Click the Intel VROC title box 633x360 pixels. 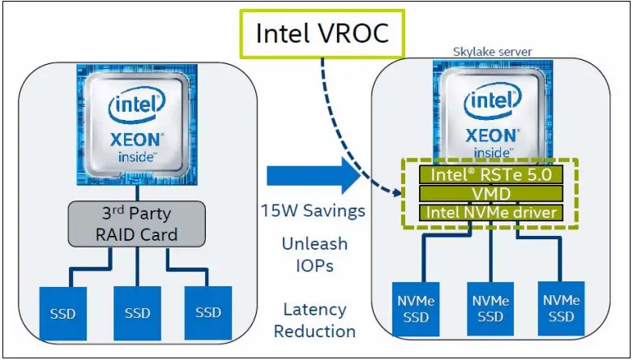(x=322, y=33)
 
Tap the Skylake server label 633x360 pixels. (x=492, y=52)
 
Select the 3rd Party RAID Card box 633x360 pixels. (x=137, y=225)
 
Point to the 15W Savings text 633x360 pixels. (x=313, y=211)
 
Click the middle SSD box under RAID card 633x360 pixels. (x=137, y=311)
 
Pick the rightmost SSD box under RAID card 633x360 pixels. (x=207, y=311)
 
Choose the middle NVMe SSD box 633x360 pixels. (x=490, y=309)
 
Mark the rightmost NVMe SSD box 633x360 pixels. (x=560, y=309)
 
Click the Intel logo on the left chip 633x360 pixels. (x=137, y=105)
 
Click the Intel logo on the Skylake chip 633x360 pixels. (x=491, y=102)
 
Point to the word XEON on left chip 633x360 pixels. (x=137, y=139)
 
